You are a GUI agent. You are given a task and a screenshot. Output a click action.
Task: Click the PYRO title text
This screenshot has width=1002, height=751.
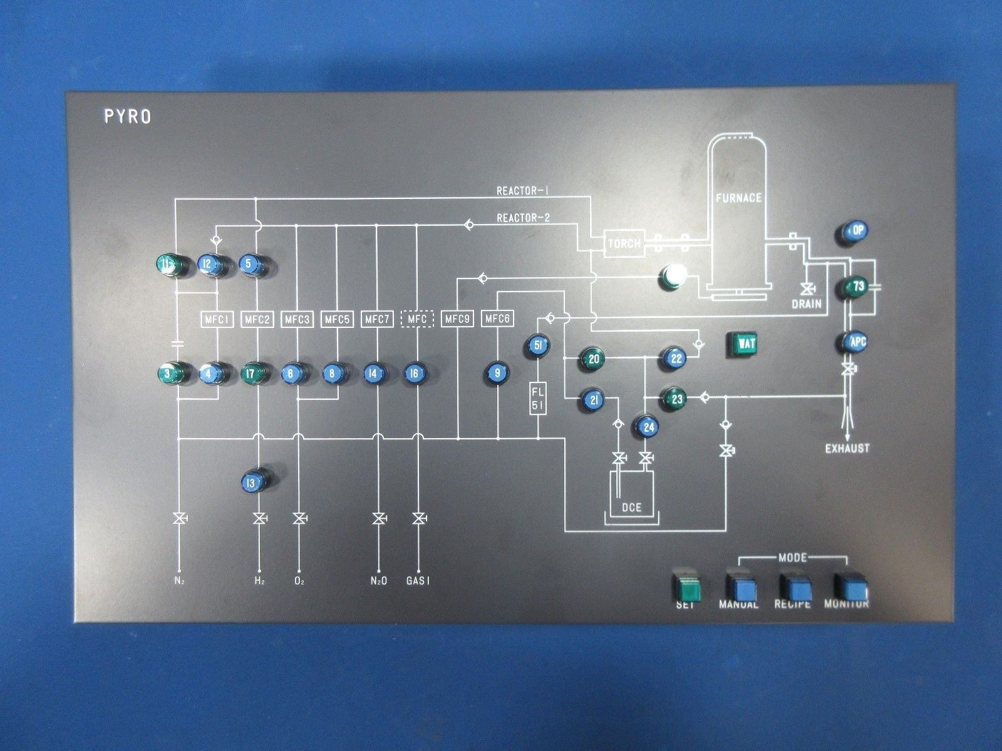(x=128, y=117)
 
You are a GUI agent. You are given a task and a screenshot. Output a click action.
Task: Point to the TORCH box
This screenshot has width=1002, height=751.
(x=624, y=243)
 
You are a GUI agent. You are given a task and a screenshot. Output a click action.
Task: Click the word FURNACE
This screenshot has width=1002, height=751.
(x=739, y=198)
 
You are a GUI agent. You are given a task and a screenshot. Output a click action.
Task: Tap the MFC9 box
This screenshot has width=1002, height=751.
(x=457, y=319)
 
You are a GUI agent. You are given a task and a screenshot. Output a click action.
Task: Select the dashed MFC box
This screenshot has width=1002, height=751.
(x=417, y=319)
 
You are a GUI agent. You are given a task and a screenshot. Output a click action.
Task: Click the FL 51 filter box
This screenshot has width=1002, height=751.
(x=539, y=399)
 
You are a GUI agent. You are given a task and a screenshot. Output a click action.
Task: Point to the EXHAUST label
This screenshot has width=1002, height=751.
(x=847, y=448)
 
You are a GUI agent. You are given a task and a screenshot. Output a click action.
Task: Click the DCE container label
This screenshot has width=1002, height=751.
(x=632, y=507)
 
